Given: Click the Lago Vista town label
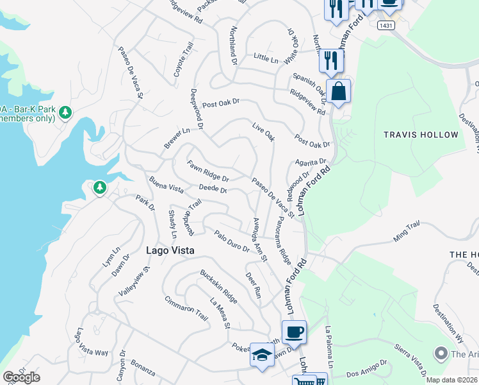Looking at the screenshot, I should click(170, 251).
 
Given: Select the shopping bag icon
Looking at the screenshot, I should click(338, 91).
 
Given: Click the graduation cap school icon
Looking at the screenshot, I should click(262, 355).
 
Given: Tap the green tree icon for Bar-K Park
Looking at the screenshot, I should click(65, 113).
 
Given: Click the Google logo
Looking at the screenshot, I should click(21, 377).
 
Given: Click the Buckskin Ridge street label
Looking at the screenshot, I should click(219, 286).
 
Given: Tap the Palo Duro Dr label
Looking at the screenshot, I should click(231, 241).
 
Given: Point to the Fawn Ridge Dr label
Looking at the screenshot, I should click(207, 171).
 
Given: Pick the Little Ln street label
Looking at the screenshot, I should click(266, 59).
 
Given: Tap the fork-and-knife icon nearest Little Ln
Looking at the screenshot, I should click(331, 60).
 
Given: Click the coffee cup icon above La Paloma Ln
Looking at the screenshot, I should click(294, 332).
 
